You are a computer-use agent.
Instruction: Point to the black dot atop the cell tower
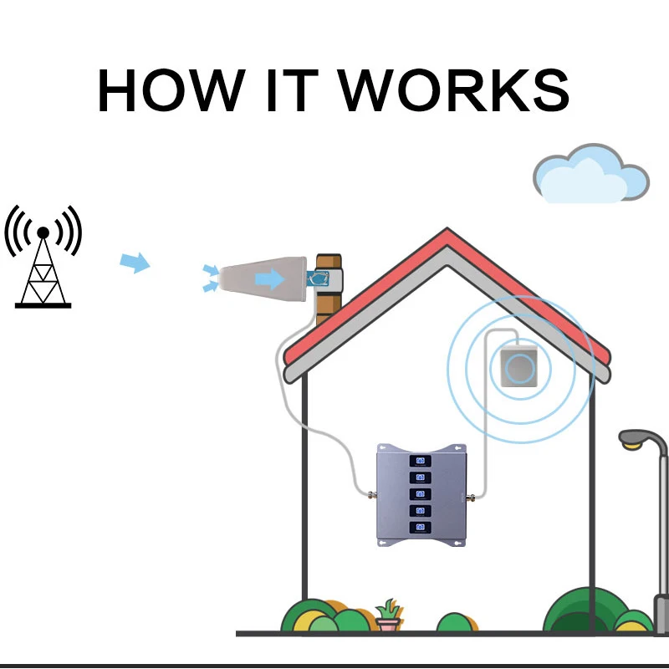point(43,232)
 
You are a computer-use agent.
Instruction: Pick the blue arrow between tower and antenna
point(135,263)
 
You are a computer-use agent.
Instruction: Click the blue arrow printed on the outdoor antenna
point(269,278)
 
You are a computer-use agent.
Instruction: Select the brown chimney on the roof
point(328,284)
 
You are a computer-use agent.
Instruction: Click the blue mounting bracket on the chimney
point(321,278)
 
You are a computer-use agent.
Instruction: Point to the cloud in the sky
point(590,175)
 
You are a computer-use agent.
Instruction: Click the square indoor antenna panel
point(520,367)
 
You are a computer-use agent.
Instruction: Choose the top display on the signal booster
point(419,461)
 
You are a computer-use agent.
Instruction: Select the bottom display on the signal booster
point(419,528)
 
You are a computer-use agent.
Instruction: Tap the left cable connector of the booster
point(369,496)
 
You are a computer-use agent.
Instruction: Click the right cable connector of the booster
point(469,496)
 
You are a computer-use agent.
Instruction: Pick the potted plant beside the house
point(388,616)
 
